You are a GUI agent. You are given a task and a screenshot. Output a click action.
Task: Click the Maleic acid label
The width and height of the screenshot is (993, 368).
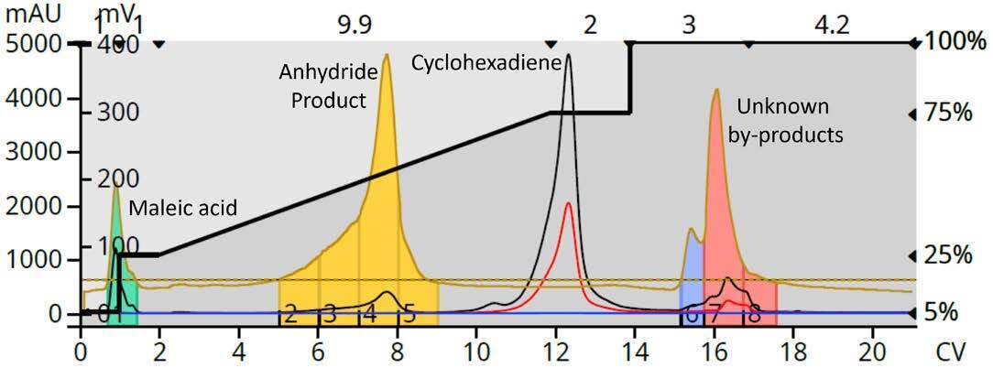click(x=182, y=210)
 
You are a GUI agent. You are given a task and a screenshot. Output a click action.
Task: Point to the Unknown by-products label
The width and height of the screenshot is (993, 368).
click(x=785, y=121)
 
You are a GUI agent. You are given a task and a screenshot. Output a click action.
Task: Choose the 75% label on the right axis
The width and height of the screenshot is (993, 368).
click(x=948, y=114)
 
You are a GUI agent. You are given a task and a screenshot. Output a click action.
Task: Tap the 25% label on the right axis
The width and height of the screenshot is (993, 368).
click(x=948, y=255)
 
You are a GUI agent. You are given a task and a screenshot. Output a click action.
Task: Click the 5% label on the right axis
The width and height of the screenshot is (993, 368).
click(x=944, y=313)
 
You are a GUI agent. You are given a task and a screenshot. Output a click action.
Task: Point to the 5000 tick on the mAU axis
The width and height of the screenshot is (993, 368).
click(x=32, y=43)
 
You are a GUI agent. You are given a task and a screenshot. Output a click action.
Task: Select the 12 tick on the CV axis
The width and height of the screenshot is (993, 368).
click(x=552, y=349)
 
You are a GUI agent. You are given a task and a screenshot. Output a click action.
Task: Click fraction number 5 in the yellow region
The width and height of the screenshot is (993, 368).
click(x=409, y=315)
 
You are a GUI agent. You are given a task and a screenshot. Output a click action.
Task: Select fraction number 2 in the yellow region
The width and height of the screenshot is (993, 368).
click(x=289, y=315)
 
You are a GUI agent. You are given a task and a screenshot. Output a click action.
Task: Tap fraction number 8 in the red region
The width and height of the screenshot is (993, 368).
click(x=755, y=315)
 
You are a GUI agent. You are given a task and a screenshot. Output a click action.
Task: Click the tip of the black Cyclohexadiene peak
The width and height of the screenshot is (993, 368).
click(x=569, y=54)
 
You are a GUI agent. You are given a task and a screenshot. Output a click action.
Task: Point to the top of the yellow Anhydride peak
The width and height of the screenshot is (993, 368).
click(x=387, y=55)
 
